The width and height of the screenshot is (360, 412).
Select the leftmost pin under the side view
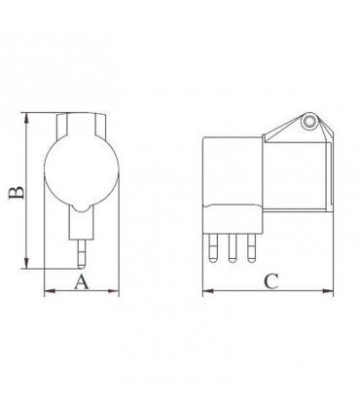coord(213,250)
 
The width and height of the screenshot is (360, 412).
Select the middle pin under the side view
coord(233,250)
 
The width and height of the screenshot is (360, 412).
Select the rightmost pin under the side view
coord(252,250)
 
